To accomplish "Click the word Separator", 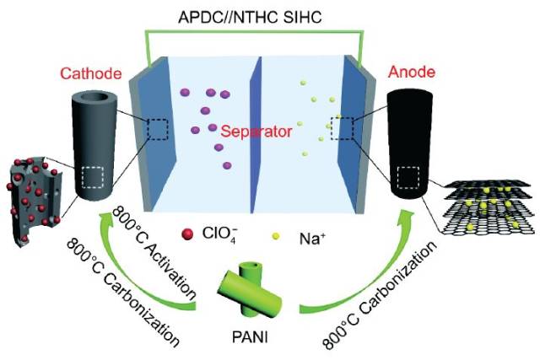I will coord(256,132).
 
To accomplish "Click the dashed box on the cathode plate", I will coord(158,129).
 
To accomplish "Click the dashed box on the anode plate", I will coord(342,129).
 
